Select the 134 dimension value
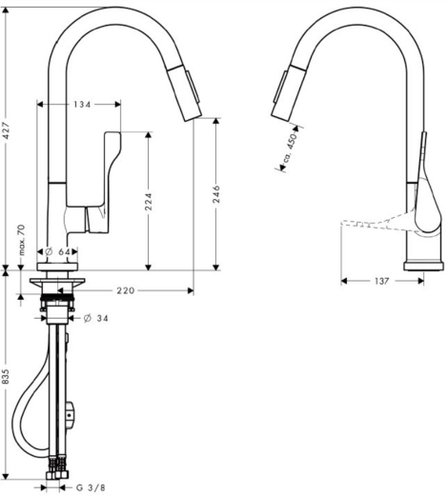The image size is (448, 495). tap(81, 104)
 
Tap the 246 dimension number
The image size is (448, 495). tap(216, 194)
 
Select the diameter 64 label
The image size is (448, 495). tap(61, 252)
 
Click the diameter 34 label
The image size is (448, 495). tap(95, 318)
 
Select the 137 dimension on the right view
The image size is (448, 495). tap(381, 281)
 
